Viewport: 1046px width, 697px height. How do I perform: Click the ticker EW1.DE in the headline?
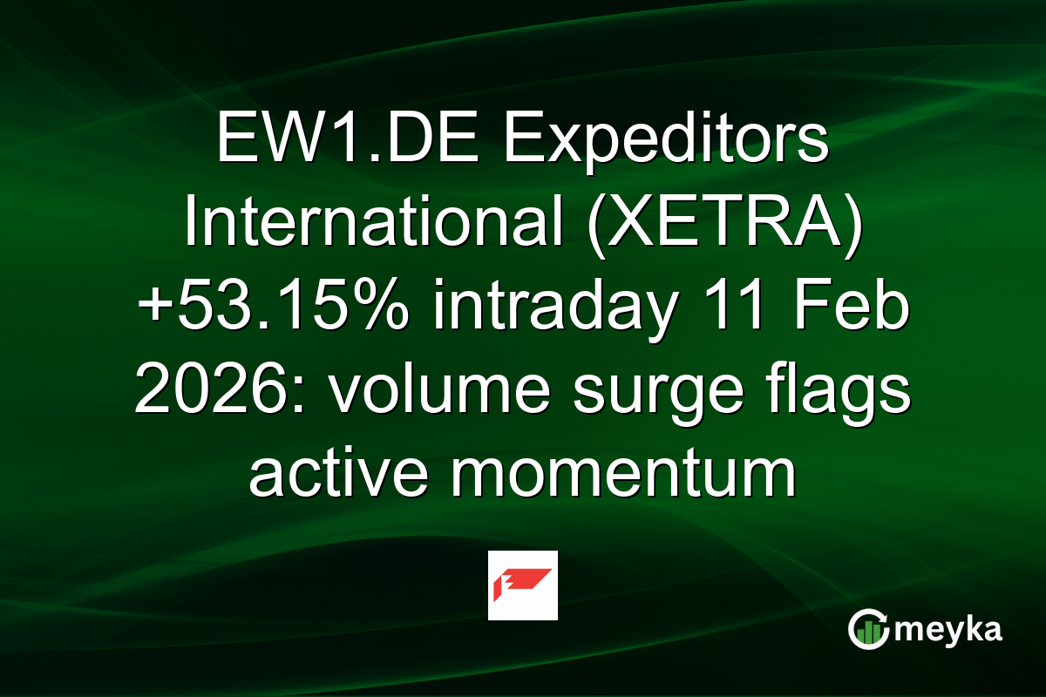click(342, 143)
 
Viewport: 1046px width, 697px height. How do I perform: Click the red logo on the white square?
click(522, 585)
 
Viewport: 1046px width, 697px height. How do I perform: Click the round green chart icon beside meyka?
click(869, 629)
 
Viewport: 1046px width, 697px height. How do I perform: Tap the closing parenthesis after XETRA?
click(855, 227)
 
